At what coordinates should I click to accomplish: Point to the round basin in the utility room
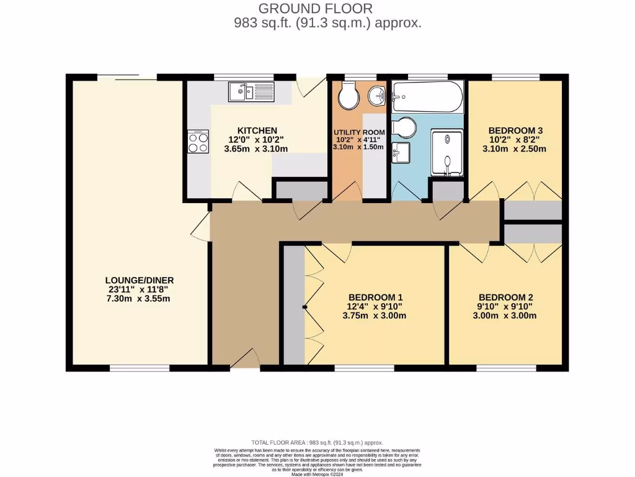tap(376, 96)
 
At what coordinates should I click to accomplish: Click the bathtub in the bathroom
tap(428, 96)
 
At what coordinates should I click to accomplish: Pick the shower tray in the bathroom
tap(446, 152)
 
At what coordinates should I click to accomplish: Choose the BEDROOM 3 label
tap(515, 130)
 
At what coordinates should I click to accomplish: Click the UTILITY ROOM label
tap(359, 132)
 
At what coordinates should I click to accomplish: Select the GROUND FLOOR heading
tap(316, 9)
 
